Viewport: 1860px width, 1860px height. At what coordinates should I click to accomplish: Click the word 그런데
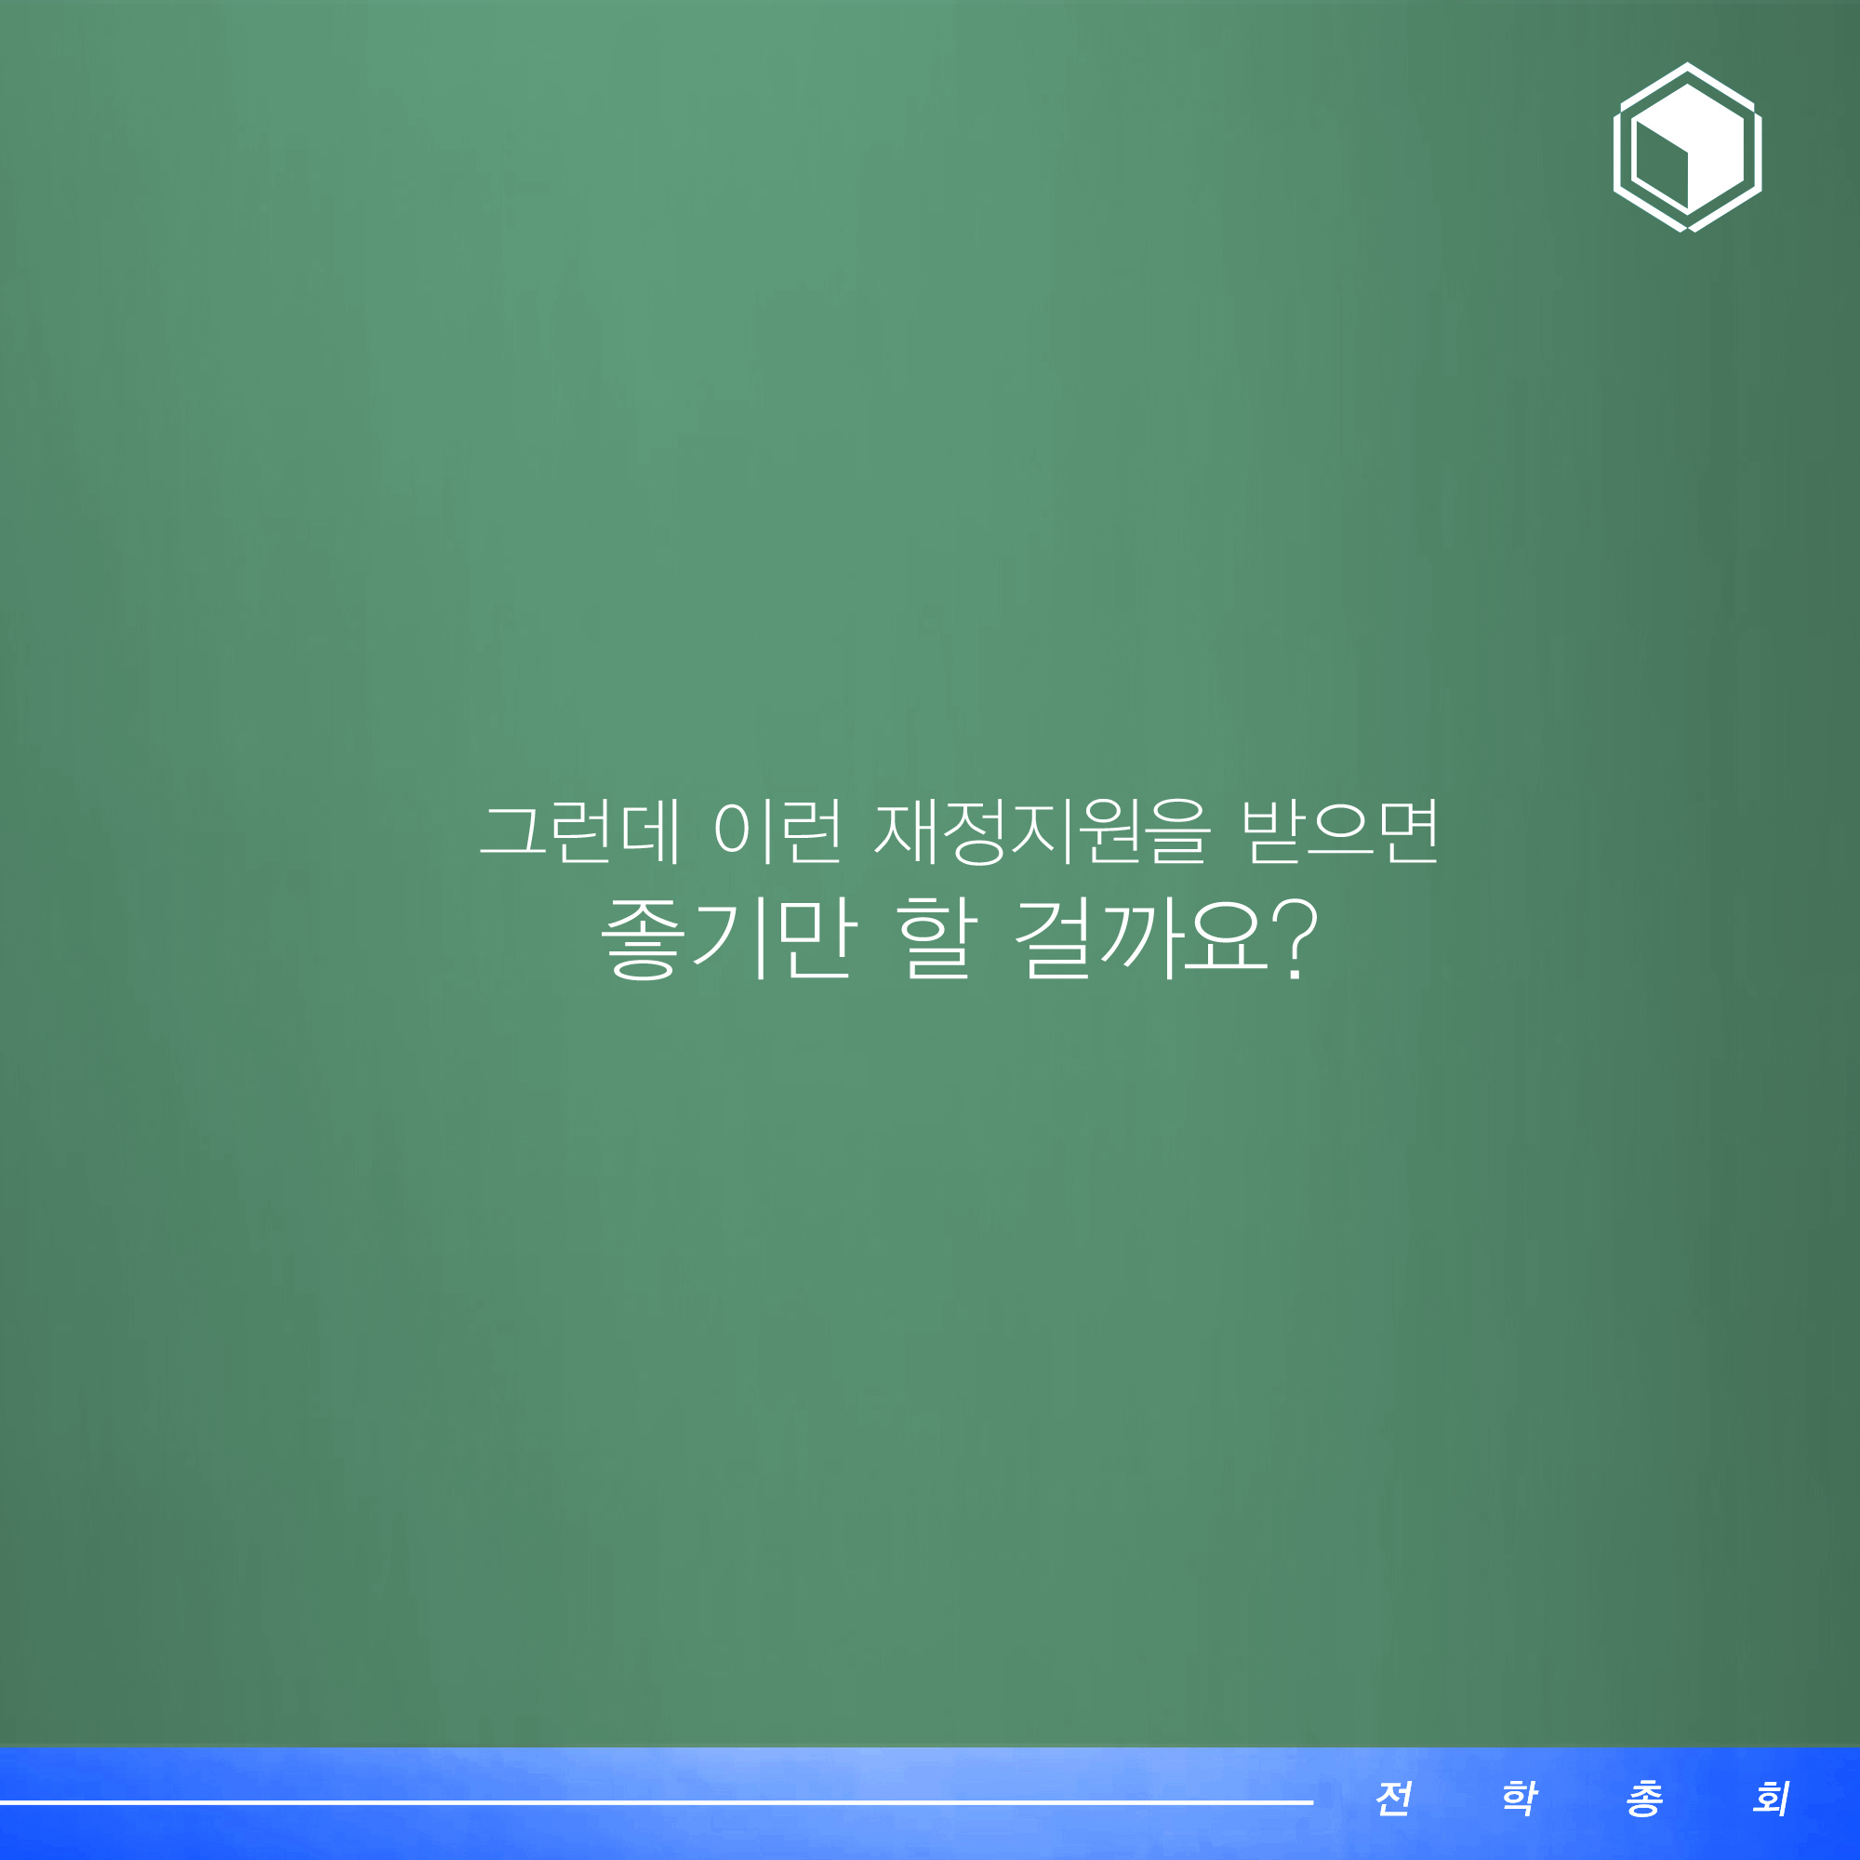(x=580, y=830)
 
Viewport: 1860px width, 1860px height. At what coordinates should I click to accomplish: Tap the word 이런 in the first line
(x=777, y=830)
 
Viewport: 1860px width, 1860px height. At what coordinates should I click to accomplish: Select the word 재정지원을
(x=1040, y=830)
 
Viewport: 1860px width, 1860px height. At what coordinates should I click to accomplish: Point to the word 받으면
(x=1339, y=830)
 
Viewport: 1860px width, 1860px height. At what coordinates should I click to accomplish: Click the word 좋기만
(x=728, y=937)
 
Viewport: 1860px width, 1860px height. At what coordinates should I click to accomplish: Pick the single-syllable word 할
(x=937, y=937)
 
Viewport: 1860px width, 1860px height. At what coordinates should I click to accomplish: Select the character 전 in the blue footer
(x=1394, y=1798)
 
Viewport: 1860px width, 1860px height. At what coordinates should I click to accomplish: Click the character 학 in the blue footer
(x=1521, y=1798)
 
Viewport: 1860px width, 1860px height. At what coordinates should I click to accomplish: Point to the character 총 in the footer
(x=1645, y=1798)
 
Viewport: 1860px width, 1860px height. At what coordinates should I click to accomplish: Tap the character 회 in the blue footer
(x=1772, y=1798)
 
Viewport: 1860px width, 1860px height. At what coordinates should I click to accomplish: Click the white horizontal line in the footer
(x=657, y=1801)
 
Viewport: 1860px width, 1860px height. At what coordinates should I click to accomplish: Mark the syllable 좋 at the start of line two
(x=642, y=938)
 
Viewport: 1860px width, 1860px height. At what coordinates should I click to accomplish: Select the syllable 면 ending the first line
(x=1408, y=830)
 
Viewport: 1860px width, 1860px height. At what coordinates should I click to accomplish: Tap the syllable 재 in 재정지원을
(x=905, y=830)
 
